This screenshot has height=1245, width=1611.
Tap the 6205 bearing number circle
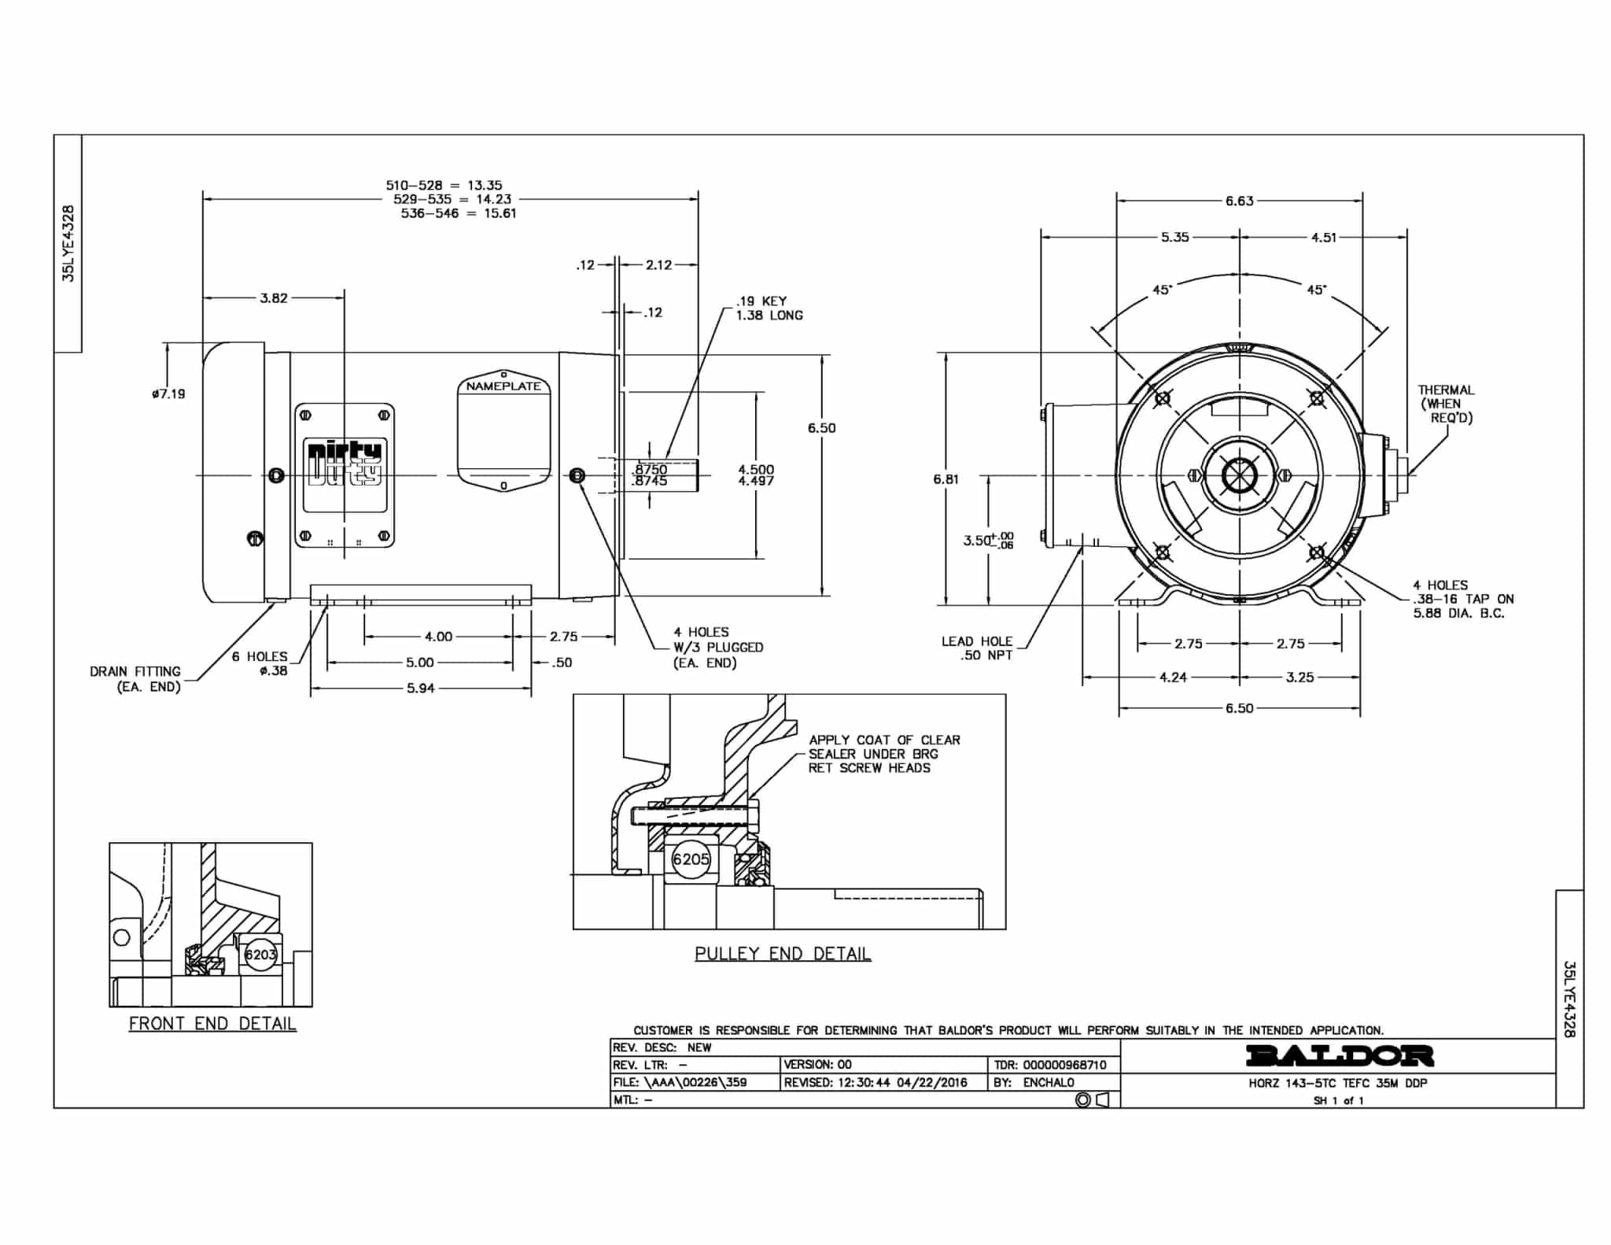pyautogui.click(x=691, y=859)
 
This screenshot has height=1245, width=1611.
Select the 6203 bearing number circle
pyautogui.click(x=260, y=955)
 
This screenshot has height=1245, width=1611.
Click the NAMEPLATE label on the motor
pyautogui.click(x=503, y=386)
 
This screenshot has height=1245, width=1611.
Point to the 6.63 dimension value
pyautogui.click(x=1239, y=201)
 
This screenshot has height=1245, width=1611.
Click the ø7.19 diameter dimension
pyautogui.click(x=169, y=393)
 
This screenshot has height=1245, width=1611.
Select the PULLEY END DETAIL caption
pyautogui.click(x=783, y=954)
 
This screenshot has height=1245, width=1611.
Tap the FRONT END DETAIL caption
pyautogui.click(x=212, y=1024)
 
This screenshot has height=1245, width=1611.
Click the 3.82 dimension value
pyautogui.click(x=274, y=298)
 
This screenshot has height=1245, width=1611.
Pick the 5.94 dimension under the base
pyautogui.click(x=420, y=689)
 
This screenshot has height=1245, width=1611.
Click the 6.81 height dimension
pyautogui.click(x=946, y=478)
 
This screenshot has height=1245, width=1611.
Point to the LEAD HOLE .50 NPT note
pyautogui.click(x=977, y=648)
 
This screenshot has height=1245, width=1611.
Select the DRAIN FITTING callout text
pyautogui.click(x=135, y=678)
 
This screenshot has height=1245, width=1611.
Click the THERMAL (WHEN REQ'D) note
pyautogui.click(x=1446, y=404)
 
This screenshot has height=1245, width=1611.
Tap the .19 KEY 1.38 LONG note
pyautogui.click(x=769, y=308)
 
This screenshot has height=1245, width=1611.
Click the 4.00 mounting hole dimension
pyautogui.click(x=438, y=637)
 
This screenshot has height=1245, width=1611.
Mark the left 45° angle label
pyautogui.click(x=1162, y=290)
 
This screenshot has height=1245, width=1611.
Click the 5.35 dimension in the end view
pyautogui.click(x=1174, y=237)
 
